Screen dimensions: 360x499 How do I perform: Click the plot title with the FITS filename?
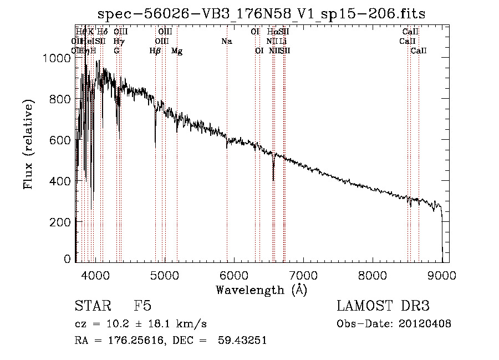(x=261, y=14)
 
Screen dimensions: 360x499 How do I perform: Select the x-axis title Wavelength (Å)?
(x=261, y=290)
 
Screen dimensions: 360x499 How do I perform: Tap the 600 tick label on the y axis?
(x=61, y=140)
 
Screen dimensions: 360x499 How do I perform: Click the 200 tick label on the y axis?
(x=61, y=222)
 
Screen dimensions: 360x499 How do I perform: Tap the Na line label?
(x=226, y=42)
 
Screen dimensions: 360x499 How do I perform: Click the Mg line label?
(x=177, y=51)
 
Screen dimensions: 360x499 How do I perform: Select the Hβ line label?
(x=155, y=51)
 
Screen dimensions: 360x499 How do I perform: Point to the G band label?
(x=116, y=51)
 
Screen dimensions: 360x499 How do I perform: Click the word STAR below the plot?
(x=89, y=307)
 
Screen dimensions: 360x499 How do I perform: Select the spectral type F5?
(x=142, y=307)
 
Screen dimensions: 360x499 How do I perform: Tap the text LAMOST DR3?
(x=383, y=307)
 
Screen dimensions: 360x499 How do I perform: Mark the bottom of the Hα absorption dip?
(x=273, y=179)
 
